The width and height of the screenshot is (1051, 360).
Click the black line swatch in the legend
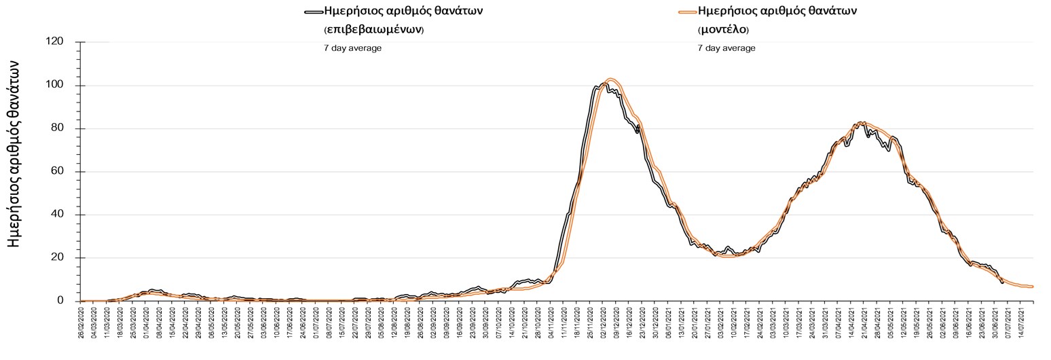pos(314,12)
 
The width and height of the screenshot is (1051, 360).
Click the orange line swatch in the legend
pos(687,12)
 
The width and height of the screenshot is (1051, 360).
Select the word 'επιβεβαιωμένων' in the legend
pos(373,30)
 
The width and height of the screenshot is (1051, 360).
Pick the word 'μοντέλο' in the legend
pos(723,30)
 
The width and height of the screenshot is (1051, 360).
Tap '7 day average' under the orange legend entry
pos(726,48)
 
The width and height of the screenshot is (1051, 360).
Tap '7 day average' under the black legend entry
pos(353,48)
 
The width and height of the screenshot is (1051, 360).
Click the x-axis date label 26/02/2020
pos(81,324)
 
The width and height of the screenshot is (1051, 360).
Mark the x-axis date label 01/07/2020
pos(316,324)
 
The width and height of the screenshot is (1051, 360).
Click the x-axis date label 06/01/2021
pos(669,324)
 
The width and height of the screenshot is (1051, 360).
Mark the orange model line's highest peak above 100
pos(610,79)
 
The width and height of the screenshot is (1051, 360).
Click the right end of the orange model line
pos(1033,287)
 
